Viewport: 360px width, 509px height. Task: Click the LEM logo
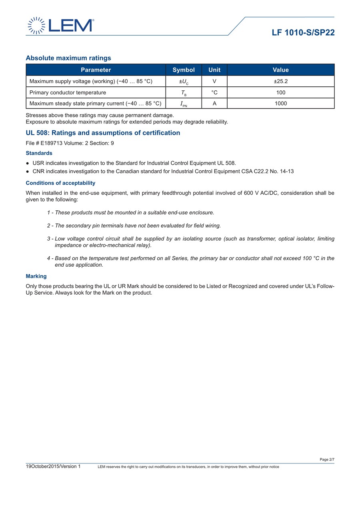[60, 26]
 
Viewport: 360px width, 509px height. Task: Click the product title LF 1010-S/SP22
[303, 33]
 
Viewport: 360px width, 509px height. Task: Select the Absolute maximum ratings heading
[68, 58]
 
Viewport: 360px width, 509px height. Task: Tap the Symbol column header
[184, 70]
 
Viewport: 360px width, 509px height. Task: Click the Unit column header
[214, 70]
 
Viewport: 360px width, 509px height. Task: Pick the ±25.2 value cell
[280, 81]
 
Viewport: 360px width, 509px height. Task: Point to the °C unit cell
[214, 92]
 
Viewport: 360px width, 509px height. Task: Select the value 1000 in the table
[280, 104]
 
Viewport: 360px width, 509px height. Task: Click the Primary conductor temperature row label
[68, 92]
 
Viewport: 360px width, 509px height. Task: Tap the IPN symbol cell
[184, 104]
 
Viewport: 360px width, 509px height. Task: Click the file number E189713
[52, 143]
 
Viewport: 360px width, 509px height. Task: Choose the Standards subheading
[39, 153]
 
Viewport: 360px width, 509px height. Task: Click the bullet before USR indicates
[27, 163]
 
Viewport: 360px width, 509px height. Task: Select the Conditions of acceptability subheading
[60, 183]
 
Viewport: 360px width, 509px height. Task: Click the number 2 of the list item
[48, 226]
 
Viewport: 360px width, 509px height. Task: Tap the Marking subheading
[36, 276]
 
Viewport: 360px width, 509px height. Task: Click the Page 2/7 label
[327, 459]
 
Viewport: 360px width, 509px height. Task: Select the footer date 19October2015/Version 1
[53, 466]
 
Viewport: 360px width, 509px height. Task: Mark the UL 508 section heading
[103, 133]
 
